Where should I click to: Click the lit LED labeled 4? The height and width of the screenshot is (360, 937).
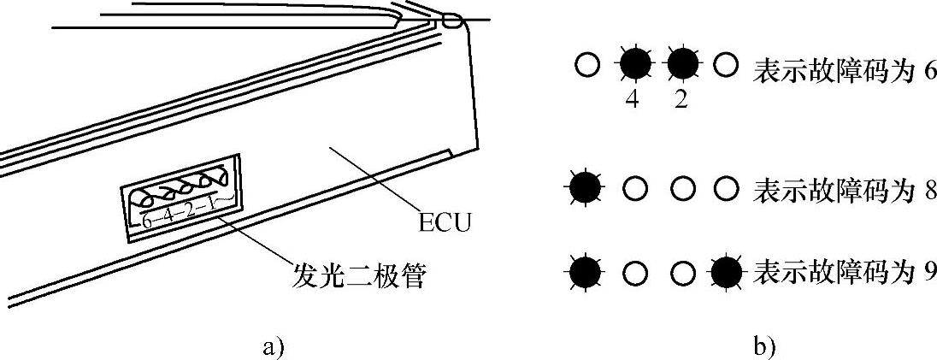click(633, 65)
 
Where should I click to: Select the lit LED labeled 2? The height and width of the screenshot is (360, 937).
click(681, 65)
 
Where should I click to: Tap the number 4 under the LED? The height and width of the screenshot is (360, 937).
click(633, 98)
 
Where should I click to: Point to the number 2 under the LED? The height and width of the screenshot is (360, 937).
click(681, 98)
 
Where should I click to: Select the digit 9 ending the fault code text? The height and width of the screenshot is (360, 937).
click(929, 273)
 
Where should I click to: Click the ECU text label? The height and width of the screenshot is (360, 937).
click(445, 224)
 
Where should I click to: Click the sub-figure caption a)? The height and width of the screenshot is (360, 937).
click(271, 346)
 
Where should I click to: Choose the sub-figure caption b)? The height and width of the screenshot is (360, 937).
click(763, 346)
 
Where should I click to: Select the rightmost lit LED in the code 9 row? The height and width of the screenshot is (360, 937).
click(728, 273)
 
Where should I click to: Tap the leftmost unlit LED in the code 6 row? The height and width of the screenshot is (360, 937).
click(586, 65)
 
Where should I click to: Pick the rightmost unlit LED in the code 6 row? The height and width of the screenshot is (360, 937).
click(726, 65)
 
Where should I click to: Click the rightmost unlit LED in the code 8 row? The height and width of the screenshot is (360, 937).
click(726, 188)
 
